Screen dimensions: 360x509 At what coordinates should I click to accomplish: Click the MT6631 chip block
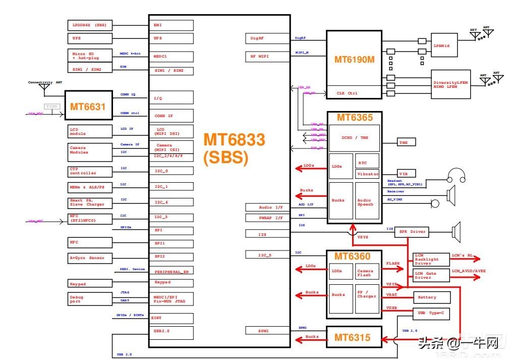[x=88, y=106]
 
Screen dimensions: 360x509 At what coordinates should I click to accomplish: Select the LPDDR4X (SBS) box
[x=90, y=25]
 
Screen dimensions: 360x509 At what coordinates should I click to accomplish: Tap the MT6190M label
[x=354, y=60]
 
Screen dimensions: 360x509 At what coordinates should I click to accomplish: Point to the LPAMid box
[x=444, y=45]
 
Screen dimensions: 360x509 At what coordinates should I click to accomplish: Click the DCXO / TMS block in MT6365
[x=354, y=138]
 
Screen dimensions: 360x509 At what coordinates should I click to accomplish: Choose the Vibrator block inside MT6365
[x=367, y=174]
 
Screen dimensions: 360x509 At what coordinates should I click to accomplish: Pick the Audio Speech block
[x=367, y=202]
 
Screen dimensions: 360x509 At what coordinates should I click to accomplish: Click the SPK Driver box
[x=412, y=232]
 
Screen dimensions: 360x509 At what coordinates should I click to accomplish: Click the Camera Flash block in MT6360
[x=367, y=273]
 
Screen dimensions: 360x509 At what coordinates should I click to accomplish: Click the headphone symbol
[x=456, y=177]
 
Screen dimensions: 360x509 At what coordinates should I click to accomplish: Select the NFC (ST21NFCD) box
[x=90, y=219]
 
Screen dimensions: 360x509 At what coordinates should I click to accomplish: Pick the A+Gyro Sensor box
[x=90, y=258]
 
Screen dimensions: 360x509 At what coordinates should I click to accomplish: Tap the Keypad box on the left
[x=90, y=284]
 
